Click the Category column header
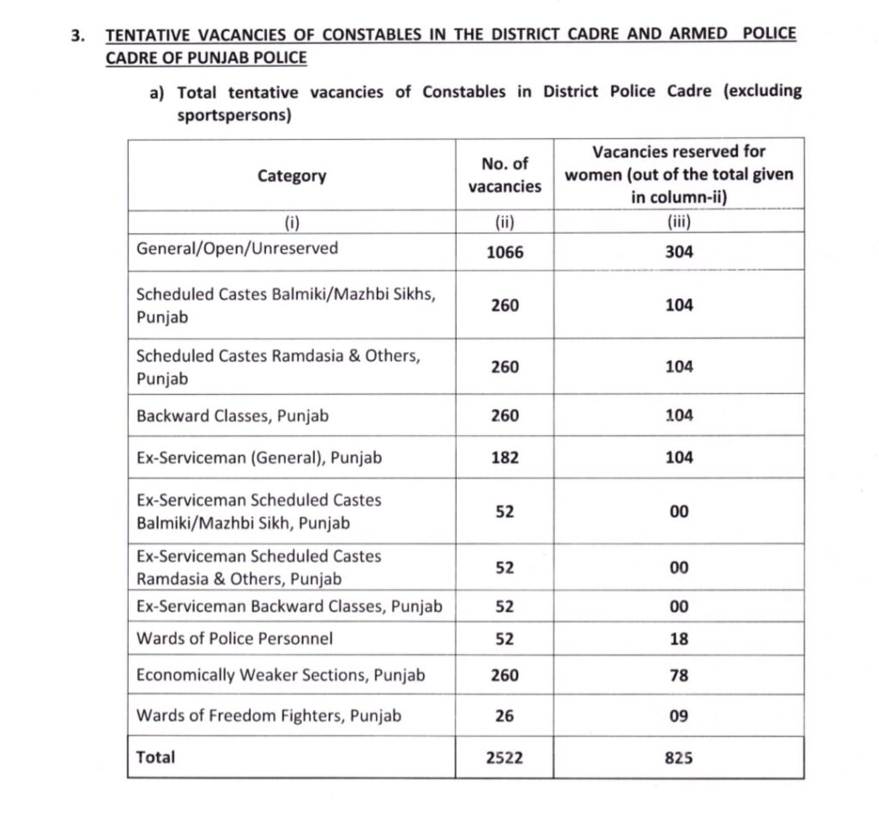coord(292,176)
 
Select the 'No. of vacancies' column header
coord(505,174)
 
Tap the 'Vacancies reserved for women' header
coord(679,174)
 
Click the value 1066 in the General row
coord(505,252)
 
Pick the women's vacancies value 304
coord(679,252)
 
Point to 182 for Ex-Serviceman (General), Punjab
coord(505,458)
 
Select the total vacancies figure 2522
coord(505,758)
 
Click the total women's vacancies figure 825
coord(679,758)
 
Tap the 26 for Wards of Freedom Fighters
coord(505,715)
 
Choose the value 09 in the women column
coord(679,715)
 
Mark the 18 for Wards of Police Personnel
coord(679,639)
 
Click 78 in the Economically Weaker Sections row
coord(679,676)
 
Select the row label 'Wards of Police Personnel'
coord(234,639)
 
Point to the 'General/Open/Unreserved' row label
coord(237,249)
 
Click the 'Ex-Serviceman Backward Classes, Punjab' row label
coord(289,606)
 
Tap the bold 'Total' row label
coord(155,757)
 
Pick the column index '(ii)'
coord(505,222)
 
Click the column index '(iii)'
coord(679,222)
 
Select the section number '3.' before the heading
coord(79,36)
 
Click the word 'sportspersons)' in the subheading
coord(233,115)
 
